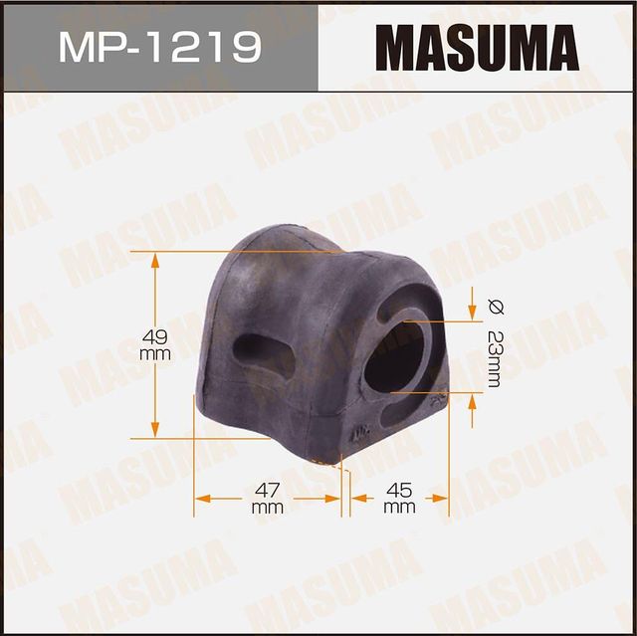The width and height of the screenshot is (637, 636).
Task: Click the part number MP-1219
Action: tap(159, 46)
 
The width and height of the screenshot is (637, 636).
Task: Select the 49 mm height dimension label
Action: tap(155, 343)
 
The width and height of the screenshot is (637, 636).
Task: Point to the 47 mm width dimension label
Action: tap(268, 498)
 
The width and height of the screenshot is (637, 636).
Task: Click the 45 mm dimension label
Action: tap(398, 498)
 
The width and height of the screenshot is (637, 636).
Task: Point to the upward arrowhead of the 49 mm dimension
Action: tap(155, 261)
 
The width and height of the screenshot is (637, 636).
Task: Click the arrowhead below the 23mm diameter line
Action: tap(471, 402)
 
